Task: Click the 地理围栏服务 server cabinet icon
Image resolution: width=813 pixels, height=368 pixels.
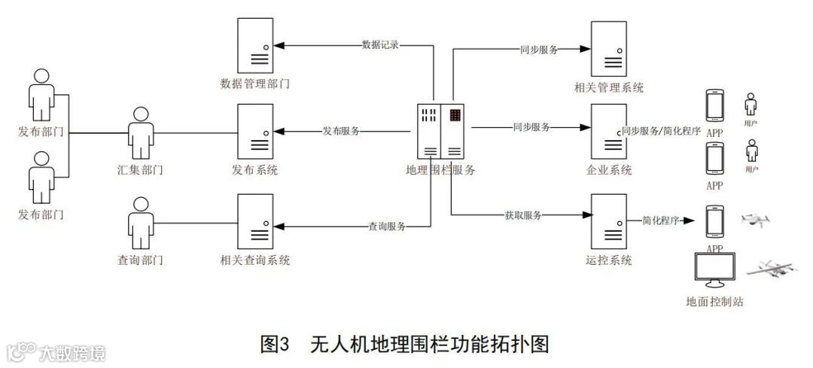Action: pos(440,131)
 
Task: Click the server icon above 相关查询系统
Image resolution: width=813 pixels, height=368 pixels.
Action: pos(254,221)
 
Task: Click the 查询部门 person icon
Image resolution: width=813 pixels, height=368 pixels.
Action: pos(140,223)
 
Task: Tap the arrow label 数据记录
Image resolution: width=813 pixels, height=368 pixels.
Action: pos(379,45)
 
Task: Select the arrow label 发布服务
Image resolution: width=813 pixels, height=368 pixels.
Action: pos(341,131)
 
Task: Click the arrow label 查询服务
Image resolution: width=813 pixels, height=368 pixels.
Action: pos(387,226)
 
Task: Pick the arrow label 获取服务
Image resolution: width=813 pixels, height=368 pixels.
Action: pos(523,215)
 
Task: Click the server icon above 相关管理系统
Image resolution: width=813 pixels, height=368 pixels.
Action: pos(608,47)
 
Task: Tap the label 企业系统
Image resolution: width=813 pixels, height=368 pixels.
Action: pos(608,170)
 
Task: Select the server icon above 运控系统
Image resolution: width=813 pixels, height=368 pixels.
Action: pos(608,221)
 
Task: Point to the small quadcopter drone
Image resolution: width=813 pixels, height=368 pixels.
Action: pos(755,219)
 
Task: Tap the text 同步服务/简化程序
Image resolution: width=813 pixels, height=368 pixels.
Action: pos(661,131)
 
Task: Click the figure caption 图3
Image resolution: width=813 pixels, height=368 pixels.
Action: pos(274,345)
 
